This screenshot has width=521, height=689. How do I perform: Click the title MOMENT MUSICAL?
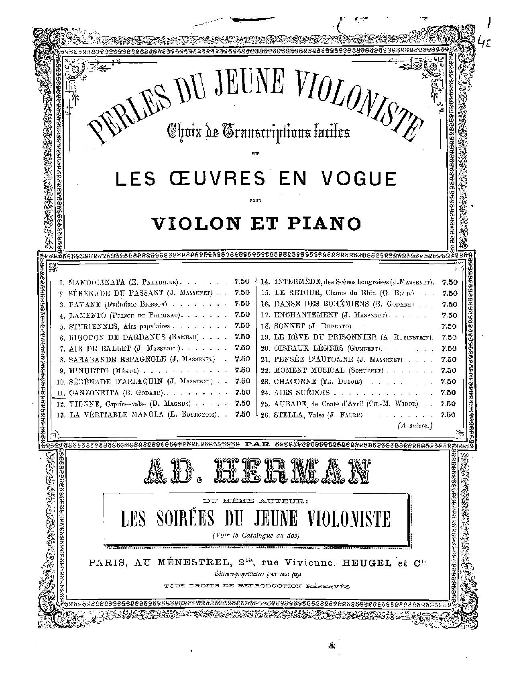click(x=309, y=370)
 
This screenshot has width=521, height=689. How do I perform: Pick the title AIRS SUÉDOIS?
click(x=301, y=392)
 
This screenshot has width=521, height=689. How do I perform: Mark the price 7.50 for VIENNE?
click(x=242, y=403)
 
